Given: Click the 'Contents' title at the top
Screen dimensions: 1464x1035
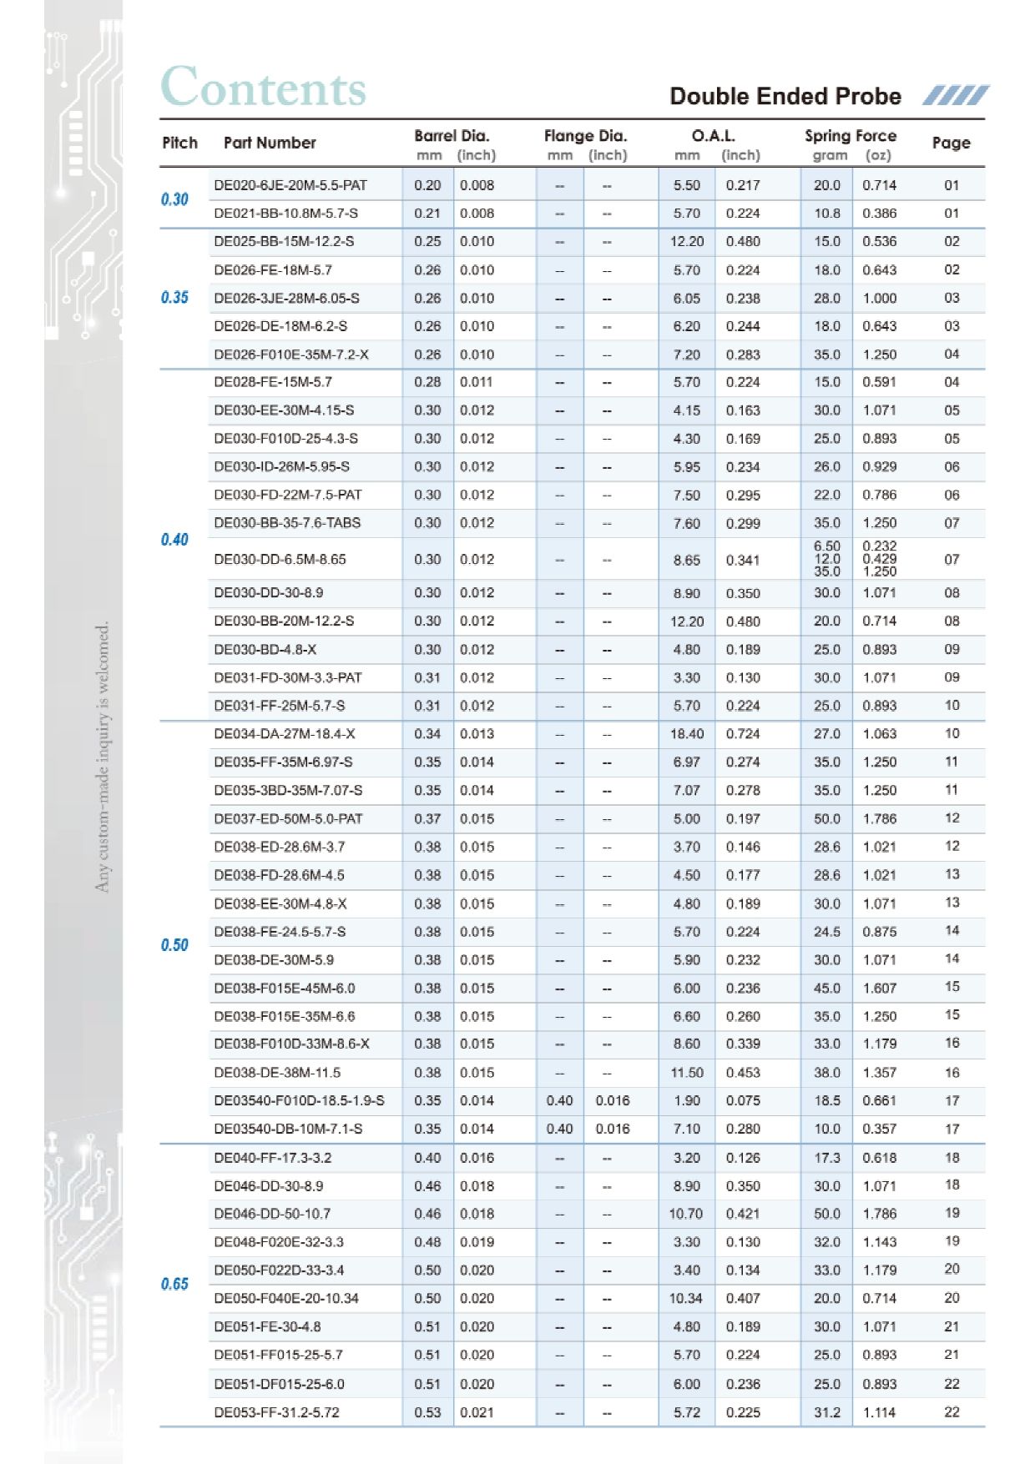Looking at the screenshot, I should click(x=263, y=88).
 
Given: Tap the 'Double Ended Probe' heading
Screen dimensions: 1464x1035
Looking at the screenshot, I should click(x=785, y=97).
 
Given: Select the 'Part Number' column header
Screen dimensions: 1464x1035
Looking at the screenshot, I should click(x=270, y=143).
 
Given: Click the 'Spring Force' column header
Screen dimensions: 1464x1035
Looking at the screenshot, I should click(x=850, y=136).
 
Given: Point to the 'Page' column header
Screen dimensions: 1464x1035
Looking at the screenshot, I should click(x=951, y=143).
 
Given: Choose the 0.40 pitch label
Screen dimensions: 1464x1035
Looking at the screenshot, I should click(x=174, y=540).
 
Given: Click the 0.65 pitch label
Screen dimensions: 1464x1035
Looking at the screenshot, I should click(x=174, y=1284).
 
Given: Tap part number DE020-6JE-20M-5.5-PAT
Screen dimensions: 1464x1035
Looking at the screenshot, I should click(x=290, y=185).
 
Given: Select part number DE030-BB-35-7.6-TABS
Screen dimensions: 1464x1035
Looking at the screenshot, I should click(x=287, y=523).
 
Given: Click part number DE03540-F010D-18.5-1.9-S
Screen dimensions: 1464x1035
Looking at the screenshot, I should click(x=299, y=1100).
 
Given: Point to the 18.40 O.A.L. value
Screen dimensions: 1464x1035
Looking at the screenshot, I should click(x=686, y=734).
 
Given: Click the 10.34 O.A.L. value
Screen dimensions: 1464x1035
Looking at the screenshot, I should click(x=685, y=1298).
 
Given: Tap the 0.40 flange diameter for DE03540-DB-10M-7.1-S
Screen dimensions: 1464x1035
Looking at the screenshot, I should click(x=559, y=1129).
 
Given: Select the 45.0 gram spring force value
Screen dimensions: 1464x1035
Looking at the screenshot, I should click(x=826, y=989).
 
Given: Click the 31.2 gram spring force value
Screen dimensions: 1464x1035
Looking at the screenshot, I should click(x=826, y=1412).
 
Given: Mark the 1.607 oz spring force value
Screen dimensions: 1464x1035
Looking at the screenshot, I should click(x=879, y=989).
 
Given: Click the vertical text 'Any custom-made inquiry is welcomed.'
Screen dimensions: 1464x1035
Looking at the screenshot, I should click(x=102, y=757).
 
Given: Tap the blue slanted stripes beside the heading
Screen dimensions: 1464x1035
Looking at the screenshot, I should click(x=955, y=96).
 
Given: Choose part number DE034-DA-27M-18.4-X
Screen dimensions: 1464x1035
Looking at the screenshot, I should click(x=284, y=734).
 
